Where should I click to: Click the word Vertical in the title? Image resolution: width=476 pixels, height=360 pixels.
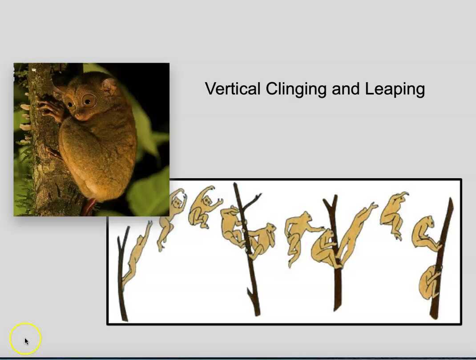point(232,88)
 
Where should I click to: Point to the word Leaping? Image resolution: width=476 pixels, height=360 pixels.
point(395,89)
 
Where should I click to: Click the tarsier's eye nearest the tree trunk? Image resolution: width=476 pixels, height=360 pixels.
point(71,104)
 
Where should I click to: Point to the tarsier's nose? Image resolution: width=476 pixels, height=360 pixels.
point(77,116)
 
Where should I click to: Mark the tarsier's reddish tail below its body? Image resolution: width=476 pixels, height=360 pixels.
point(89,207)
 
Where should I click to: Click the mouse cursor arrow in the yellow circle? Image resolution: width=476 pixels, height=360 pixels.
point(26,341)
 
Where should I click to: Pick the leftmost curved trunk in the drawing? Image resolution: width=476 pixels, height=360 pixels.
point(121,276)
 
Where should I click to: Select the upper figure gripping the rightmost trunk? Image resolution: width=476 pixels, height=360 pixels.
point(426,233)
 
